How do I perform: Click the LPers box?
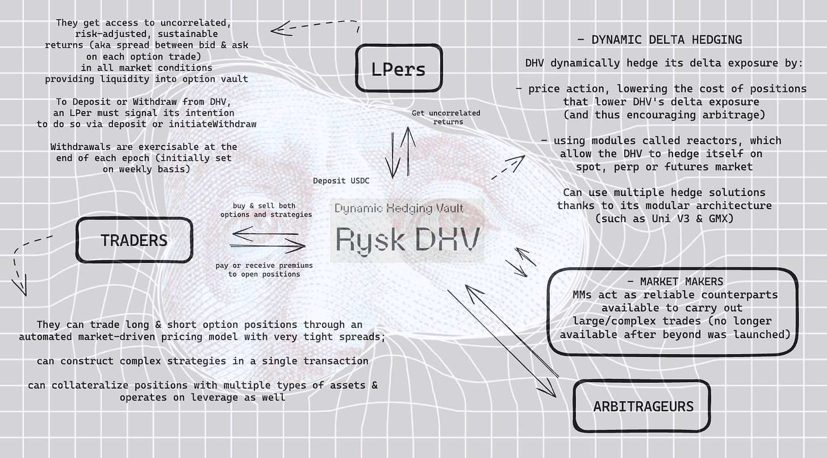tap(398, 68)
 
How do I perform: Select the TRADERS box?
tap(134, 240)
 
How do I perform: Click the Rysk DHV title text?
tap(408, 239)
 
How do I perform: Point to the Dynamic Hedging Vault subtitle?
tap(399, 208)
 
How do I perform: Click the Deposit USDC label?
tap(341, 181)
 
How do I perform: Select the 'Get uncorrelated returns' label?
tap(445, 117)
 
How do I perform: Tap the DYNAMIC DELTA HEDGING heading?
tap(659, 40)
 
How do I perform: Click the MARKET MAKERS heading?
tap(675, 282)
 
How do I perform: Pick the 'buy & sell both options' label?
tap(266, 210)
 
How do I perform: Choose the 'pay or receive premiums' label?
tap(264, 269)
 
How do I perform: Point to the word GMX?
tap(717, 218)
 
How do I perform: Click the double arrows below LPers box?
tap(399, 152)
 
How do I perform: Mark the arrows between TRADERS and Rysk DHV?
tap(267, 239)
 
